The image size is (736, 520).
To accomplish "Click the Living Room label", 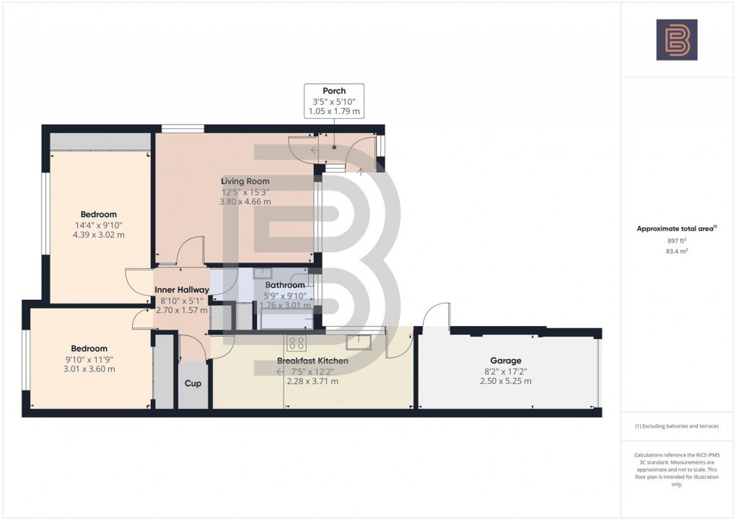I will pyautogui.click(x=245, y=181).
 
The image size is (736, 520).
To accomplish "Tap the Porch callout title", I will pyautogui.click(x=334, y=91).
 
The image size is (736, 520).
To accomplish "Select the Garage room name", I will pyautogui.click(x=505, y=361).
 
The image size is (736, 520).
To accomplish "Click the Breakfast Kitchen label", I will pyautogui.click(x=312, y=361).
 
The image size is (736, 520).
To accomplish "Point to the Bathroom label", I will pyautogui.click(x=285, y=285).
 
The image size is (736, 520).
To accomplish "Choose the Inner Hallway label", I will pyautogui.click(x=182, y=290).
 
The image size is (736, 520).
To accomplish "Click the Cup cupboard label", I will pyautogui.click(x=193, y=384).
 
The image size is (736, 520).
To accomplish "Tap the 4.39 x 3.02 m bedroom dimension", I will pyautogui.click(x=99, y=234).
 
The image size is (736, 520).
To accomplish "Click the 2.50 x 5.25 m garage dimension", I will pyautogui.click(x=505, y=381).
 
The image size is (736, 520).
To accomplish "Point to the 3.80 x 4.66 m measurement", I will pyautogui.click(x=245, y=202).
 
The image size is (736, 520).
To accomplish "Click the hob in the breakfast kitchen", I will pyautogui.click(x=296, y=343).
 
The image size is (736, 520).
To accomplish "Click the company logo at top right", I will pyautogui.click(x=676, y=40).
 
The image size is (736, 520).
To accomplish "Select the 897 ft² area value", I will pyautogui.click(x=676, y=242).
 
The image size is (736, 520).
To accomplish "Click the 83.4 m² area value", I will pyautogui.click(x=676, y=252).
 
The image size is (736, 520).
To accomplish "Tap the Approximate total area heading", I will pyautogui.click(x=675, y=229).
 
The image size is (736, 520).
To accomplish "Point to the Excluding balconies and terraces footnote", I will pyautogui.click(x=676, y=426).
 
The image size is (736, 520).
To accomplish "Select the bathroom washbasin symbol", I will pyautogui.click(x=263, y=273).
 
